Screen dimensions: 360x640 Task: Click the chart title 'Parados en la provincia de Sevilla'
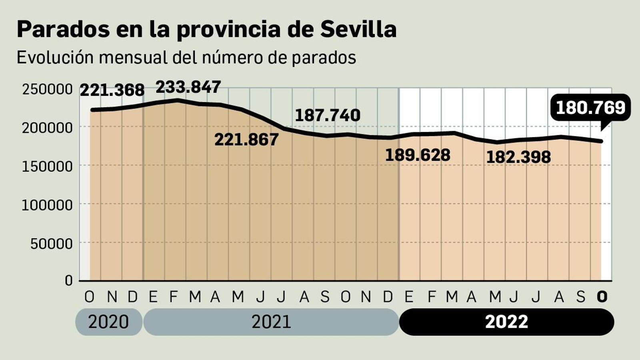coord(206,29)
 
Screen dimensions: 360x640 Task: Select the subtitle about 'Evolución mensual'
coord(186,58)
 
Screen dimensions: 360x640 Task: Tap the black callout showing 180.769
coord(590,108)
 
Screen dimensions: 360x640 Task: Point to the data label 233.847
coord(188,87)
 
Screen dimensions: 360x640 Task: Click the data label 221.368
coord(112,90)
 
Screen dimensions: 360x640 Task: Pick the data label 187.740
coord(327,115)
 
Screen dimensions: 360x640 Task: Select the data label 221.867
coord(246,140)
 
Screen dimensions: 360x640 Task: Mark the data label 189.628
coord(418,155)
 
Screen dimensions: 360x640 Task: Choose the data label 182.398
coord(518,157)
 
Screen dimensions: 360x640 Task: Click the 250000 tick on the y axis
coord(47,89)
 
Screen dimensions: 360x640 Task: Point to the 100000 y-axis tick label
coord(47,205)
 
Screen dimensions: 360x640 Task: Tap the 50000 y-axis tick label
coord(52,244)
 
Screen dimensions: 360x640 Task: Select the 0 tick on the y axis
coord(68,280)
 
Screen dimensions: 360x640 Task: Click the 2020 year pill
coord(108,322)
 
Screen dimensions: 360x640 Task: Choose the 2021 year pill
coord(271,322)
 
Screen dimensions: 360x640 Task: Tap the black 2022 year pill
coord(506,322)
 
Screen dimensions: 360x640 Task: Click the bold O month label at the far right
coord(602,297)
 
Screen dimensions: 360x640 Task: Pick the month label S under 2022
coord(580,297)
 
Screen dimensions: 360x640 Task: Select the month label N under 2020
coord(112,297)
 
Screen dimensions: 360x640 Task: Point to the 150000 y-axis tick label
coord(47,166)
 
